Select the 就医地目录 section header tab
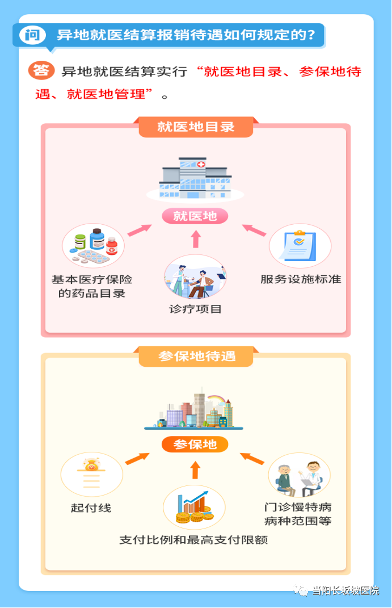click(196, 127)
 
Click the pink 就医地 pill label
click(195, 216)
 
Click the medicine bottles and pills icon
click(93, 245)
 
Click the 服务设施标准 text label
click(301, 279)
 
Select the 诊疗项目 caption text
click(195, 309)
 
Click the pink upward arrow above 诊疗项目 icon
click(196, 239)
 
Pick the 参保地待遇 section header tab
click(196, 357)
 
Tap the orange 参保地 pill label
click(195, 445)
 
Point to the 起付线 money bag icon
click(92, 475)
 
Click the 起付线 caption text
click(91, 508)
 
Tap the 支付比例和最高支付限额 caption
click(193, 539)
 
